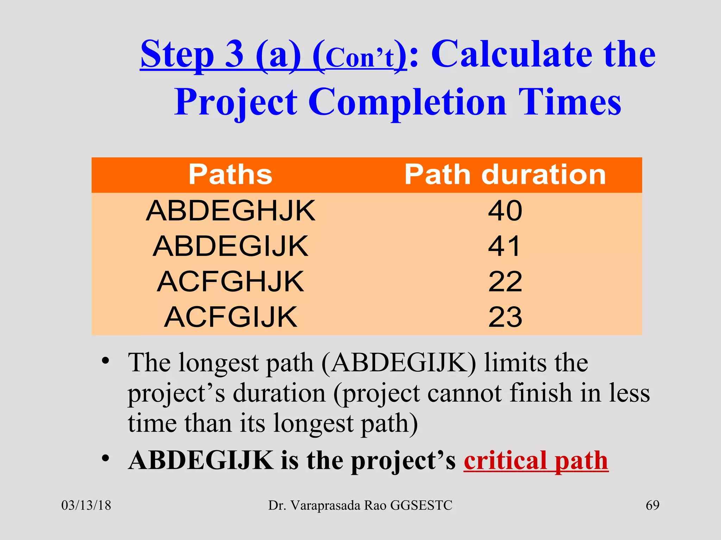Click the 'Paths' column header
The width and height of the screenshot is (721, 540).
point(230,174)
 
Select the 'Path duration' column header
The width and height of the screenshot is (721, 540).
point(505,174)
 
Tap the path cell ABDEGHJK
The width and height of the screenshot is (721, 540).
point(231,211)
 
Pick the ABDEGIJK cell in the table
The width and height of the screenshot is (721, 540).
point(231,246)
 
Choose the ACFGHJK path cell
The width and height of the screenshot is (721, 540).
point(231,282)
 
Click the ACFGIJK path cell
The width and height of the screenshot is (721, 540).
point(231,317)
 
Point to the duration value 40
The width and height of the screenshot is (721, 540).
point(505,211)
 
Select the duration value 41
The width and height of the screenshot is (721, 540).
point(504,246)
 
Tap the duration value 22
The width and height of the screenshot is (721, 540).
point(505,282)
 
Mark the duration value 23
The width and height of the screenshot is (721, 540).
point(505,317)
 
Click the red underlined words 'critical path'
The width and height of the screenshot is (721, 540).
point(536,461)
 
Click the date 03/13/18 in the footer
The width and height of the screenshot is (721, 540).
point(86,505)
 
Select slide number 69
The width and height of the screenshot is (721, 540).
point(652,505)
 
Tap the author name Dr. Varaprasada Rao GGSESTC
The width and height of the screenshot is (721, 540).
point(360,505)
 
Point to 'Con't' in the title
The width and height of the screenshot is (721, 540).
point(359,58)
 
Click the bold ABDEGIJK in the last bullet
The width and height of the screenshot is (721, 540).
point(201,461)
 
